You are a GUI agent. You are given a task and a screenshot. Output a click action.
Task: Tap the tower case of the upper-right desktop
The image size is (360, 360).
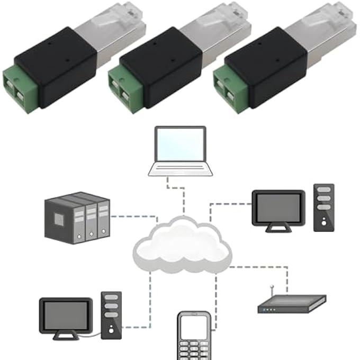click(323, 207)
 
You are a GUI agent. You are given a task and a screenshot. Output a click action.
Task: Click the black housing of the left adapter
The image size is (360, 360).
click(56, 66)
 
